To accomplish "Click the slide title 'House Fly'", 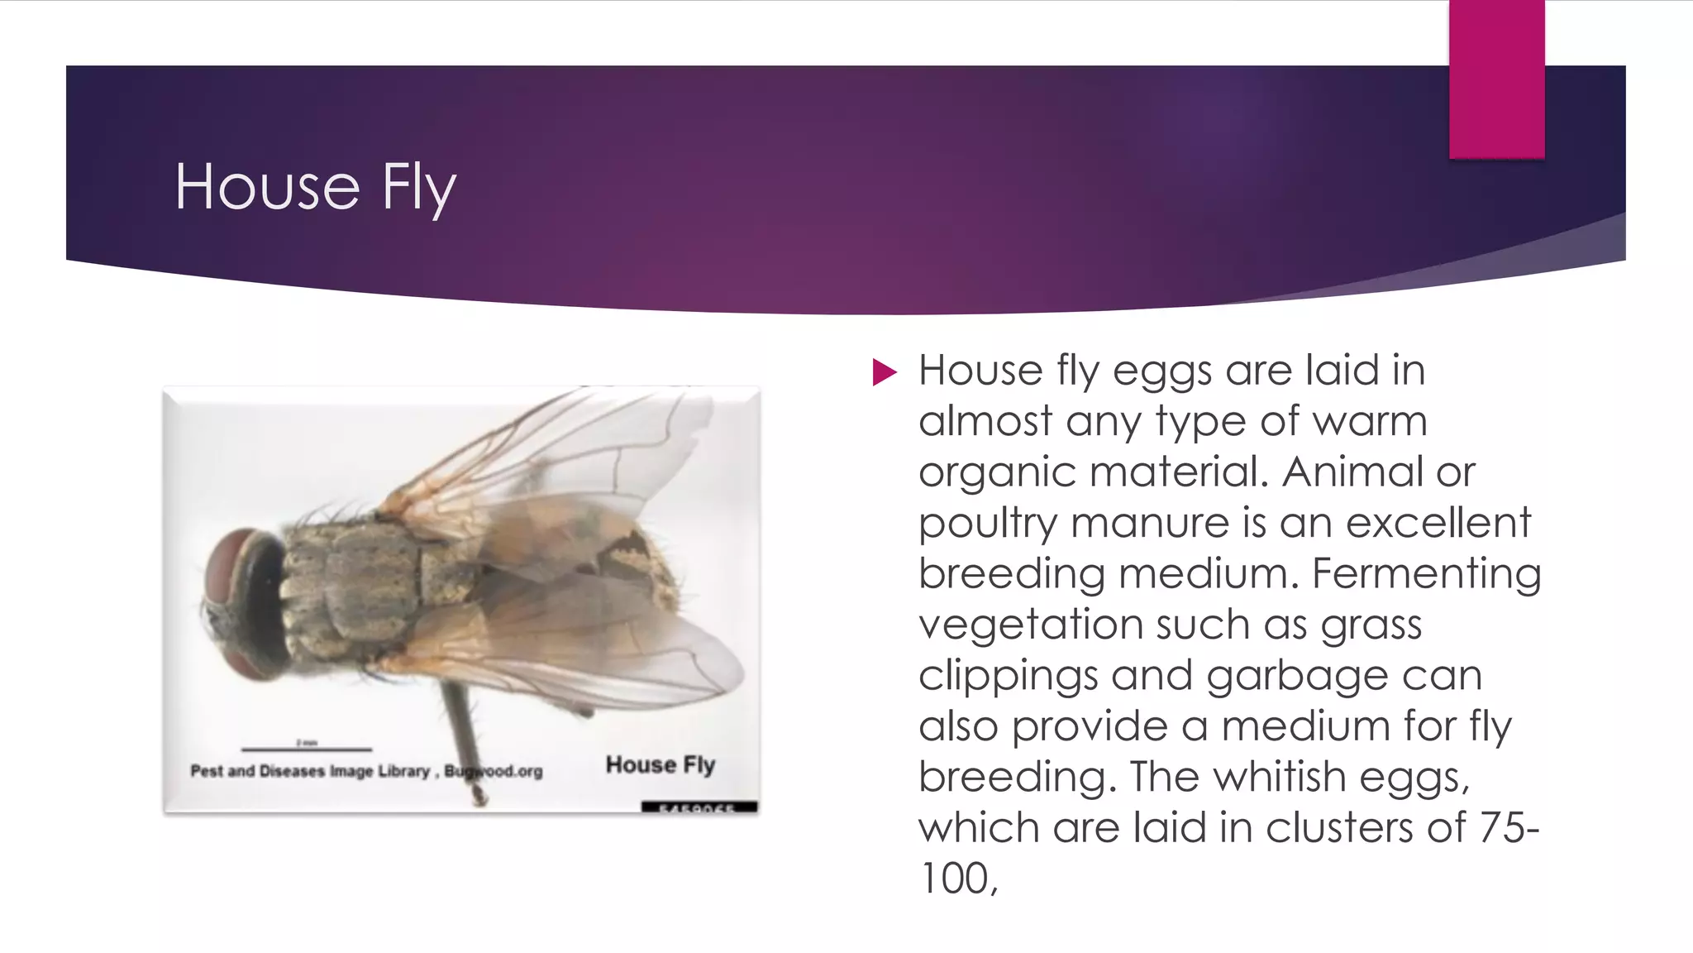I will (315, 188).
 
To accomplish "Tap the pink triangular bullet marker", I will (884, 372).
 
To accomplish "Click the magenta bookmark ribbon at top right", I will (1496, 79).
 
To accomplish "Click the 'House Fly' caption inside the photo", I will (660, 765).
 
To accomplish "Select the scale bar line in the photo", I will (307, 749).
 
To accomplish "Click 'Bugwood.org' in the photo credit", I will (494, 772).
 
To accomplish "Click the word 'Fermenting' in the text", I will (1426, 574).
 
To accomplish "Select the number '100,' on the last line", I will (958, 879).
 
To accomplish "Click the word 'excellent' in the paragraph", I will (1438, 524).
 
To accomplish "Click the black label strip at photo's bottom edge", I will (699, 807).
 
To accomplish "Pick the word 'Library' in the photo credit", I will (404, 772).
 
